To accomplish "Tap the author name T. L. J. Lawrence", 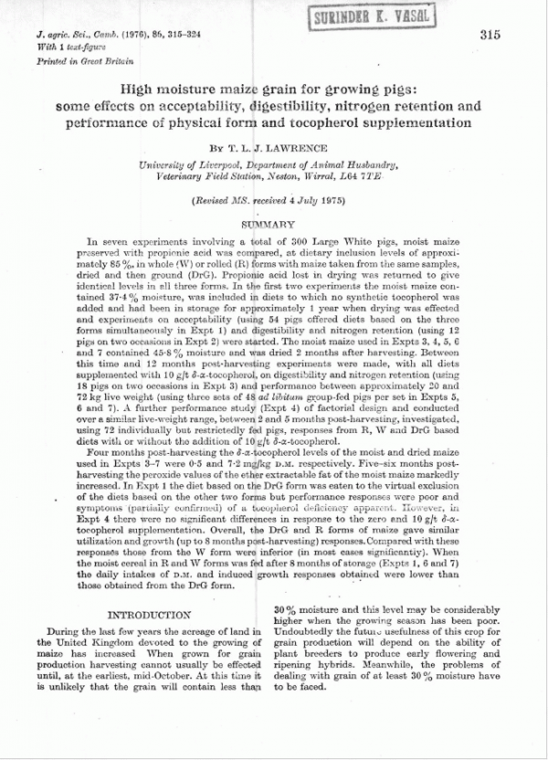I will pos(290,145).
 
